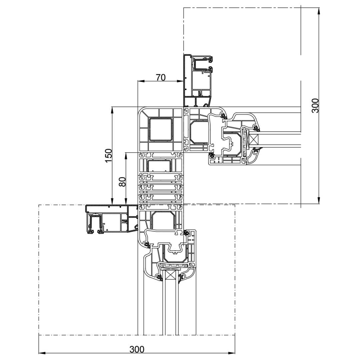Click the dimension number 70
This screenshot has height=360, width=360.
pos(161,78)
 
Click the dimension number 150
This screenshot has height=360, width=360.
pos(108,156)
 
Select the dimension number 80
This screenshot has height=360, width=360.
pos(122,182)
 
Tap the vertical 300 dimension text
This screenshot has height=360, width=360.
pos(315,106)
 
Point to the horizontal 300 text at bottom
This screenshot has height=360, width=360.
pos(137,349)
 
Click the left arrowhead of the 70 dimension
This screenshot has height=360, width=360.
pos(141,81)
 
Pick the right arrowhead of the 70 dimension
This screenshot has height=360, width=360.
pos(180,81)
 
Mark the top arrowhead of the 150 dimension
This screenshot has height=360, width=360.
pos(112,110)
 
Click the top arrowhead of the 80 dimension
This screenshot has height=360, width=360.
pos(126,156)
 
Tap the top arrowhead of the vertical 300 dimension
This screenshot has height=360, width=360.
pos(319,11)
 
